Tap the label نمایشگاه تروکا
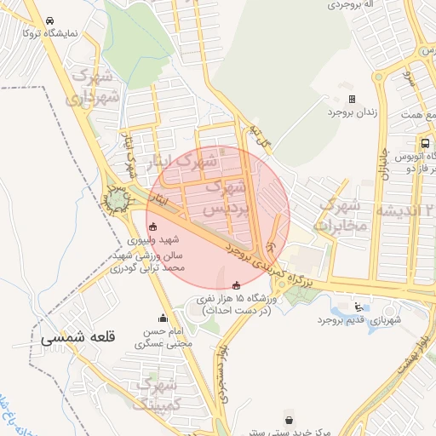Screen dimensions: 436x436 coord(50,34)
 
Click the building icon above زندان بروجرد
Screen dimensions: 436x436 coord(351,100)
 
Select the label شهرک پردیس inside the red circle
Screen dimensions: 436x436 coord(229,195)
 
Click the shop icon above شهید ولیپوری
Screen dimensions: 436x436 coord(152,227)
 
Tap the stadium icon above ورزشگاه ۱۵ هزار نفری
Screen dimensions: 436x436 coord(236,284)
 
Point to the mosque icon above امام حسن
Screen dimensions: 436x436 coord(163,318)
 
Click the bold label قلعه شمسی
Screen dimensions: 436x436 coord(75,336)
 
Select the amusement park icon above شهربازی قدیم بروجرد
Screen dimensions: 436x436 coord(359,307)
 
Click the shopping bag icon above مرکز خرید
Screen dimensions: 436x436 coord(290,420)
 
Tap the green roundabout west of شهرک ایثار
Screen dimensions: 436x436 coord(115,199)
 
